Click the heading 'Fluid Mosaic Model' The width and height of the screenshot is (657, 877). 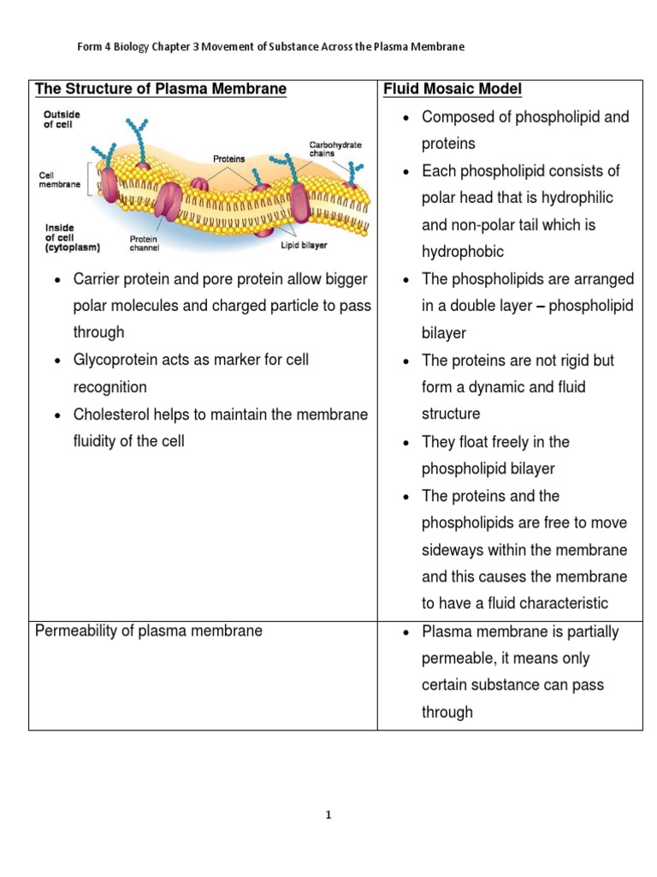(x=453, y=89)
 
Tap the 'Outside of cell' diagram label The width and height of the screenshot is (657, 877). (x=62, y=119)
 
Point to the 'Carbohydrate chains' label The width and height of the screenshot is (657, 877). (x=335, y=149)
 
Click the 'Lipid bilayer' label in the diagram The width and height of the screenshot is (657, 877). (x=304, y=246)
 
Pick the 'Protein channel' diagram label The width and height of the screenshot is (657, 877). (x=144, y=243)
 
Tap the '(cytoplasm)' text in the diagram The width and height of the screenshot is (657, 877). (x=73, y=248)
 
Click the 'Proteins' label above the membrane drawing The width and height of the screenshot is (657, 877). (x=228, y=158)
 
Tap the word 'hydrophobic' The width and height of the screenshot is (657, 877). (x=463, y=252)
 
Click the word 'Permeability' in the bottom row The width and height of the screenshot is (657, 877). (x=72, y=631)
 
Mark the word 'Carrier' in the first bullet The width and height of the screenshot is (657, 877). (x=98, y=279)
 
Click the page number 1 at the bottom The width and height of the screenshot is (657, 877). (x=328, y=815)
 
